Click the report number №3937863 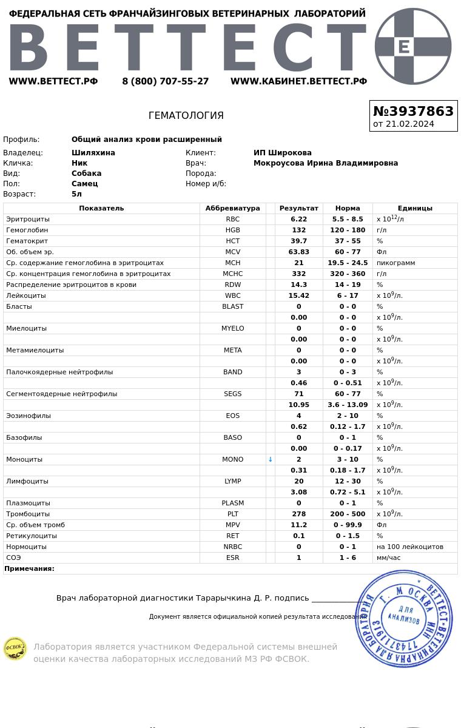point(413,111)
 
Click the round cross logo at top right point(413,46)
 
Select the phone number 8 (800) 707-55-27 point(165,81)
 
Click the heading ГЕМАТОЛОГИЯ point(186,115)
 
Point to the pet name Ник point(79,163)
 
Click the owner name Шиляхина point(93,153)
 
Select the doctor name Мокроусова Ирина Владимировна point(326,163)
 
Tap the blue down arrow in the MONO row point(271,459)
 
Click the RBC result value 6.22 point(298,219)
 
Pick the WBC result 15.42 point(298,295)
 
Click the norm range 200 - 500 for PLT point(348,514)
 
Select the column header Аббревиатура point(232,208)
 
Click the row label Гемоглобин point(27,230)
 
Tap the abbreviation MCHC point(232,274)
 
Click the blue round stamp point(403,619)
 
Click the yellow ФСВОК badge point(15,649)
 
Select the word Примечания point(29,568)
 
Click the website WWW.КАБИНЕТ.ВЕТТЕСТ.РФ point(298,81)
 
